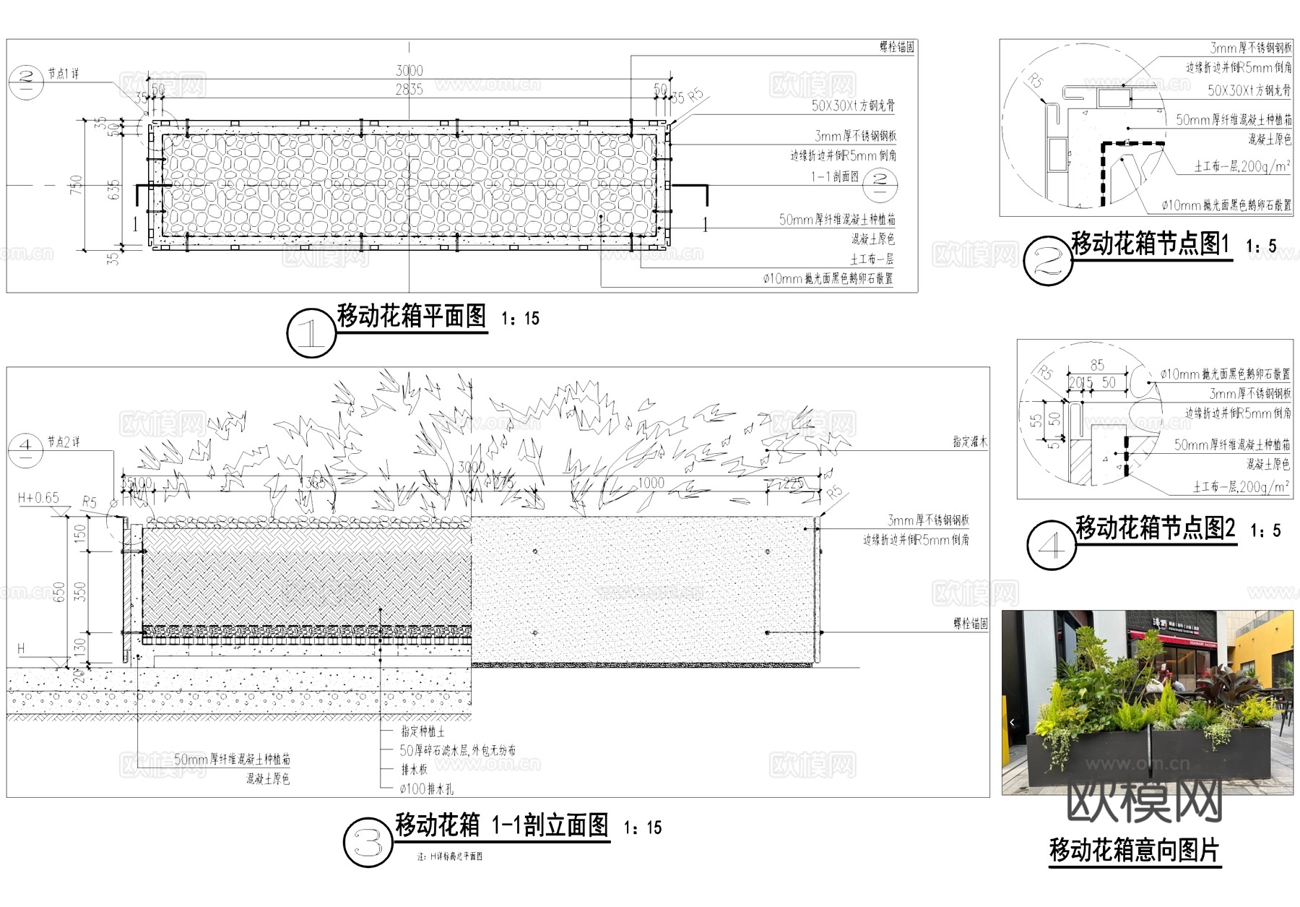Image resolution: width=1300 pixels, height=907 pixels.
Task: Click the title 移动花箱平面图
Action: [412, 316]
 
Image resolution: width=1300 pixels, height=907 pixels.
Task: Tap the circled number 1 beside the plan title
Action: [311, 333]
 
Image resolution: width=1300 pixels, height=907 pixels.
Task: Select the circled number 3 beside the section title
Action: [368, 843]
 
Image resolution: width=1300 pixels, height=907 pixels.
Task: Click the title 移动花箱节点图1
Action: [1150, 244]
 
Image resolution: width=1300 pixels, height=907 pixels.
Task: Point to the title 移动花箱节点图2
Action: [1156, 528]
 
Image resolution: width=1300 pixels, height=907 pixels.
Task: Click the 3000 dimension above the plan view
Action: [409, 71]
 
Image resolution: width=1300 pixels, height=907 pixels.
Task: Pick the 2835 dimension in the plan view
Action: [409, 90]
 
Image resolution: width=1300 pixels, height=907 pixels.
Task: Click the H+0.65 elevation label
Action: [38, 498]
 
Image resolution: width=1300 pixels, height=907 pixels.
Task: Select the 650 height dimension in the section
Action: [60, 592]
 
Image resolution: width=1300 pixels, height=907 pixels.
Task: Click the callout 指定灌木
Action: [969, 442]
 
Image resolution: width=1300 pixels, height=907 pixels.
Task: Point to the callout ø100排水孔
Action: [426, 789]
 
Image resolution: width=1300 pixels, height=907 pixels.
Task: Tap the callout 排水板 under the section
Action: [414, 770]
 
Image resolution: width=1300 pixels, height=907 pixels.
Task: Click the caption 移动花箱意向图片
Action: [1134, 851]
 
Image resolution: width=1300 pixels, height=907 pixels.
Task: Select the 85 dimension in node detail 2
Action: [1097, 366]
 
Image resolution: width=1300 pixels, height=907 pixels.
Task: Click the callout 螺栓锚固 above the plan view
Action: [896, 47]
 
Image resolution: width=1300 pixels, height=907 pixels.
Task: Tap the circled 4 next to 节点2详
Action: [25, 449]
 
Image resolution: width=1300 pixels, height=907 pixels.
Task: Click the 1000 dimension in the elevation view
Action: [650, 483]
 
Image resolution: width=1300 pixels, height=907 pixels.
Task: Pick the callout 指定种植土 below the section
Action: [422, 731]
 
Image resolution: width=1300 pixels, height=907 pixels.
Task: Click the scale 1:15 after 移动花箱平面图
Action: [520, 319]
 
